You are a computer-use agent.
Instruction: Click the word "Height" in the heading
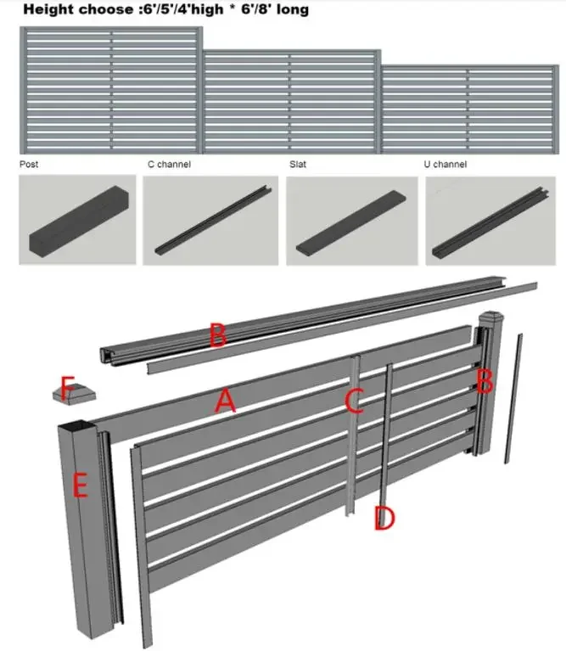(x=46, y=11)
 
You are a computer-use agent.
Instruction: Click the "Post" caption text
(x=29, y=165)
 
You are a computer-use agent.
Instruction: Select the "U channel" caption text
(x=445, y=165)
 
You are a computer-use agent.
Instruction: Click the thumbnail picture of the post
(x=77, y=221)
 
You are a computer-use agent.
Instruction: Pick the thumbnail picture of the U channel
(x=491, y=221)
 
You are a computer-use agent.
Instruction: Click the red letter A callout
(x=224, y=401)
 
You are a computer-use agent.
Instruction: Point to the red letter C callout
(x=354, y=400)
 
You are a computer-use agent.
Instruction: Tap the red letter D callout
(x=384, y=519)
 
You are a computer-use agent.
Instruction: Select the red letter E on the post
(x=81, y=485)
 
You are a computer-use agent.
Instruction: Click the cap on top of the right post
(x=490, y=323)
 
